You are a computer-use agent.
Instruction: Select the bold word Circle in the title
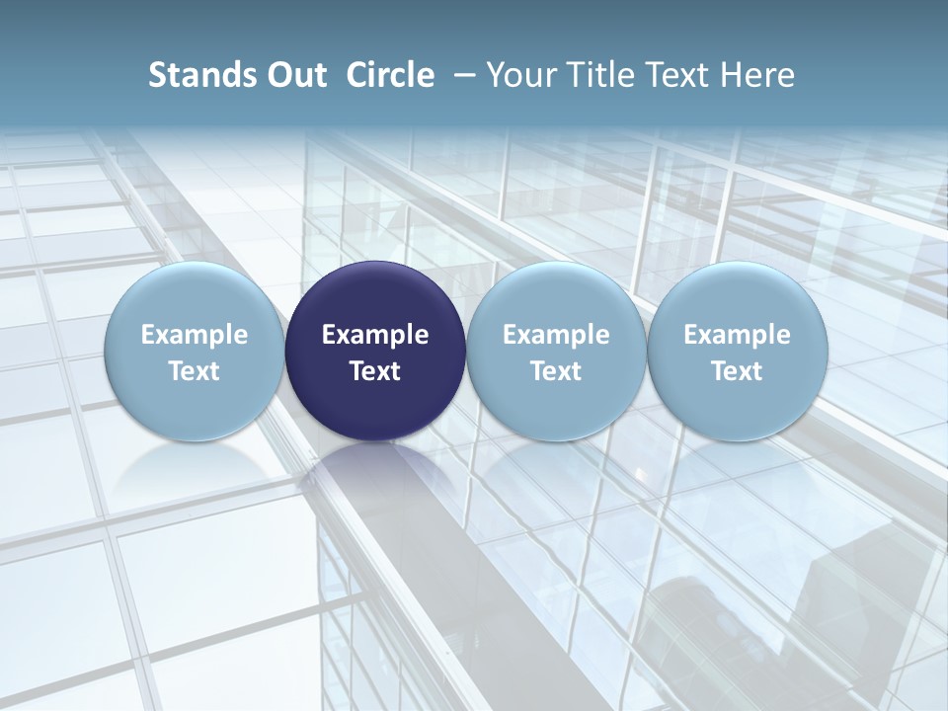(x=390, y=75)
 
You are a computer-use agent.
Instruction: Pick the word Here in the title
(x=756, y=75)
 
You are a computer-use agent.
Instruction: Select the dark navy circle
(x=375, y=351)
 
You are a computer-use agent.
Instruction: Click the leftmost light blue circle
(x=195, y=351)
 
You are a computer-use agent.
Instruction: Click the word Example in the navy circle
(x=375, y=335)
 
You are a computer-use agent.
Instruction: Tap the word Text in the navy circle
(x=375, y=371)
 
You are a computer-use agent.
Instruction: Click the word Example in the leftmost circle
(x=195, y=335)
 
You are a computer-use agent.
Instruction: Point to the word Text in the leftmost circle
(x=195, y=371)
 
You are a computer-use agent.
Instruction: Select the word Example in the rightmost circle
(x=738, y=335)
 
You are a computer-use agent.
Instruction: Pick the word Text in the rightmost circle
(x=738, y=371)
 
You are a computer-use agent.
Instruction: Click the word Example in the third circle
(x=556, y=335)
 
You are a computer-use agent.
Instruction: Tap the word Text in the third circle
(x=556, y=371)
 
